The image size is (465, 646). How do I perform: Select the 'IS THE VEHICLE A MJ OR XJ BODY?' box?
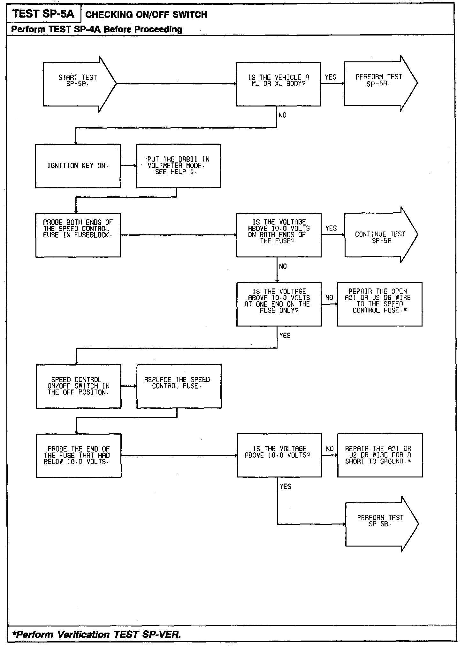click(x=278, y=84)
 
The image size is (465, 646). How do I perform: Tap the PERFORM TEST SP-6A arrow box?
click(x=378, y=83)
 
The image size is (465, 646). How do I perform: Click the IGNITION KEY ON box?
click(x=78, y=166)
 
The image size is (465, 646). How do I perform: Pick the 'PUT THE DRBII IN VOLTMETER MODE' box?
click(x=179, y=166)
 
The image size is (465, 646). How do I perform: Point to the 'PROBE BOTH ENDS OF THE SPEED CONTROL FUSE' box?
click(x=78, y=235)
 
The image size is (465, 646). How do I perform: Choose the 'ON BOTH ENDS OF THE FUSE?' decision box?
click(x=279, y=235)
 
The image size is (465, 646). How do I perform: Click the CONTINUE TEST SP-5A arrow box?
click(x=379, y=235)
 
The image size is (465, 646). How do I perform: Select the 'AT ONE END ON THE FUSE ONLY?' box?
click(x=279, y=304)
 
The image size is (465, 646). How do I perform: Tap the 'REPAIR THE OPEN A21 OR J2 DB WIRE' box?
click(x=380, y=304)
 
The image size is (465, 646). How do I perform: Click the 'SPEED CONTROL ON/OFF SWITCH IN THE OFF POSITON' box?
click(x=79, y=386)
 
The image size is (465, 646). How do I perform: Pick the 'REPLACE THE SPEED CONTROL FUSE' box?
click(x=179, y=386)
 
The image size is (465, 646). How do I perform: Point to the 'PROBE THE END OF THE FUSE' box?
click(x=79, y=455)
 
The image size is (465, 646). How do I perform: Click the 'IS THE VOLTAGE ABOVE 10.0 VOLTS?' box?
click(x=279, y=455)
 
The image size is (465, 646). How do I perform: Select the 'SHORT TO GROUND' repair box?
click(x=380, y=455)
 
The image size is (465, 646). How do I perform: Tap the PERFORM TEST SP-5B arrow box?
click(x=380, y=524)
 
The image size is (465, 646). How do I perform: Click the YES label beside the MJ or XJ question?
click(x=331, y=77)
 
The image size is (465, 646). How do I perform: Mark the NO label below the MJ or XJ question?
click(x=283, y=115)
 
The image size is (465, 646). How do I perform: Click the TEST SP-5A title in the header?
click(x=43, y=14)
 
